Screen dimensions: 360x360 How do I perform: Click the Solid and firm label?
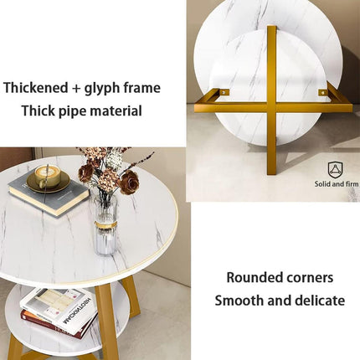point(335,183)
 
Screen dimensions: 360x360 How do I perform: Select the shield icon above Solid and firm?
point(335,168)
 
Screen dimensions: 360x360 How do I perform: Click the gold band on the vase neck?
point(105,224)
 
